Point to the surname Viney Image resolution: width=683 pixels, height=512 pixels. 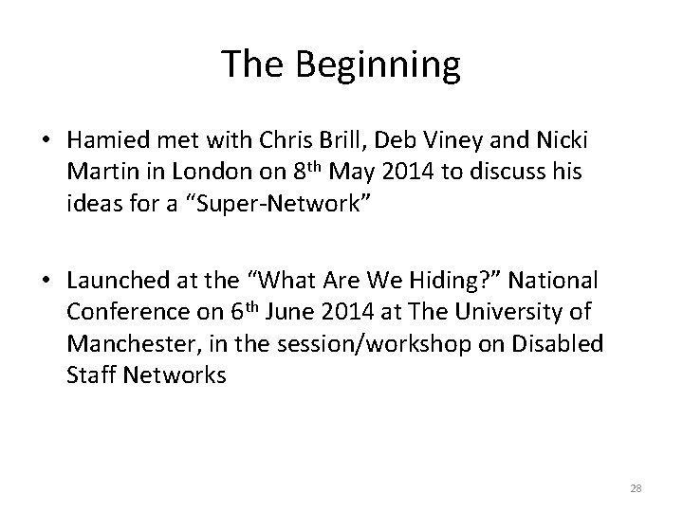(466, 142)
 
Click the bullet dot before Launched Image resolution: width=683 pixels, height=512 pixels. (44, 279)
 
